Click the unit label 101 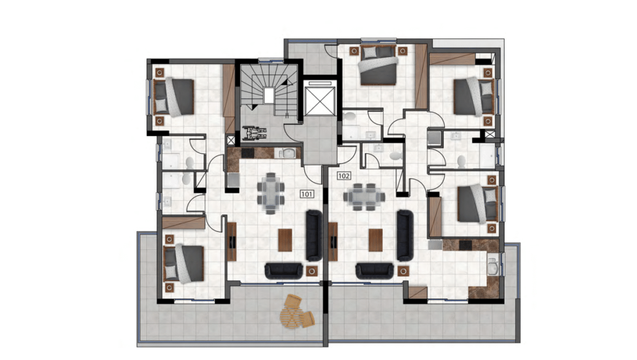[307, 194]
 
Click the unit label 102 [343, 176]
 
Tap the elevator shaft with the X [320, 100]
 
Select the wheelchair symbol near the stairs [254, 132]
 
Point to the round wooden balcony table [291, 317]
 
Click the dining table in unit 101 [271, 193]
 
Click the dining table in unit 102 [364, 197]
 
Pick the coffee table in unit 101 [285, 240]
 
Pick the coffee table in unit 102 [376, 240]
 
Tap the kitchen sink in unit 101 [289, 153]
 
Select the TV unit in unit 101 [232, 241]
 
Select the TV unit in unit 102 [333, 241]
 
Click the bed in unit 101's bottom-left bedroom [184, 264]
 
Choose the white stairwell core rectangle [269, 96]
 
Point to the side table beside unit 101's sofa [312, 270]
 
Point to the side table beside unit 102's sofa [403, 270]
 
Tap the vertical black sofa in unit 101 [314, 235]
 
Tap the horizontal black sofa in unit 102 [374, 270]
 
